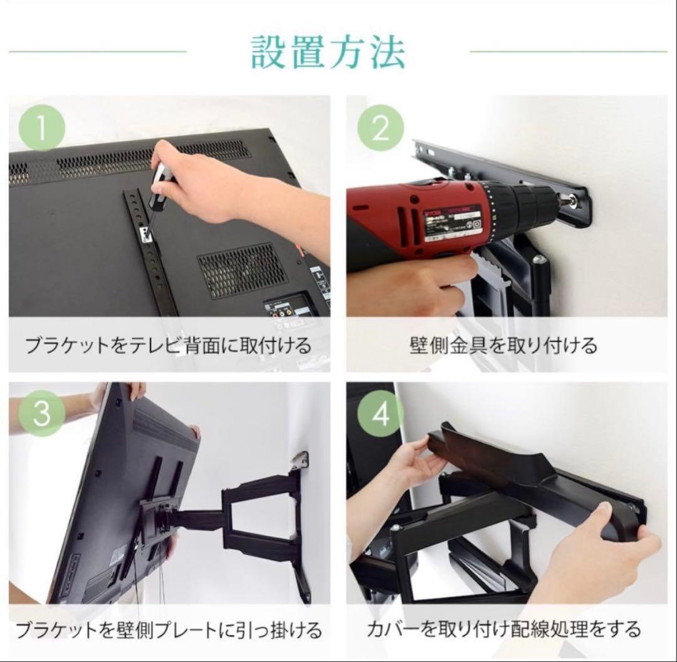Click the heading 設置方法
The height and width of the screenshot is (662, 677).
click(x=328, y=52)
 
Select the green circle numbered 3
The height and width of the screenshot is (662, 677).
click(x=41, y=414)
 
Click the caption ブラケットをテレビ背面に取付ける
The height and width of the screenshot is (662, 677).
click(x=168, y=345)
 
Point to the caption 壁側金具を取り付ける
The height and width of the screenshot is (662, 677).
click(x=503, y=345)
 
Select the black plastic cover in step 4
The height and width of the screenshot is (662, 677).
click(x=533, y=477)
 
